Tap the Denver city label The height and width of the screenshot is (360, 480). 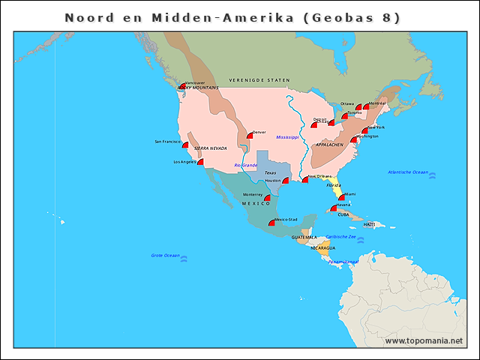(259, 132)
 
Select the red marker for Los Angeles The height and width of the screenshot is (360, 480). (200, 162)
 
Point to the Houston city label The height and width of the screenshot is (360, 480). (272, 180)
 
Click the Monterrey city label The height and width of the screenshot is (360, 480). (253, 194)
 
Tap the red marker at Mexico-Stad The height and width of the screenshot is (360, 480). (271, 223)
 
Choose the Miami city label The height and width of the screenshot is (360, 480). (350, 193)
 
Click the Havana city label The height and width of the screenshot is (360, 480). (343, 204)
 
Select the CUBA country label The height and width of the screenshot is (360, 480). (343, 214)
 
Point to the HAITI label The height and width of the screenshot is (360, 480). (369, 224)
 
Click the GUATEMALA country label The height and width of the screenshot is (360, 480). (304, 237)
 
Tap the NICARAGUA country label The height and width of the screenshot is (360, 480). (323, 247)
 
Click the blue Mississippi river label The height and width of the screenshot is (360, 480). (287, 137)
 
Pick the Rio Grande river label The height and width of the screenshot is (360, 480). (246, 165)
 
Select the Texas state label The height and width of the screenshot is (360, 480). (270, 172)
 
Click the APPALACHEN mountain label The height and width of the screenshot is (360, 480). (329, 144)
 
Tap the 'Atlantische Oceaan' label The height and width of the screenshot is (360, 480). (408, 172)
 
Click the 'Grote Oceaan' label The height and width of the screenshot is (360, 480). (165, 256)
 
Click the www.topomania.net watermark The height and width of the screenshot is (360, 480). (424, 341)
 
